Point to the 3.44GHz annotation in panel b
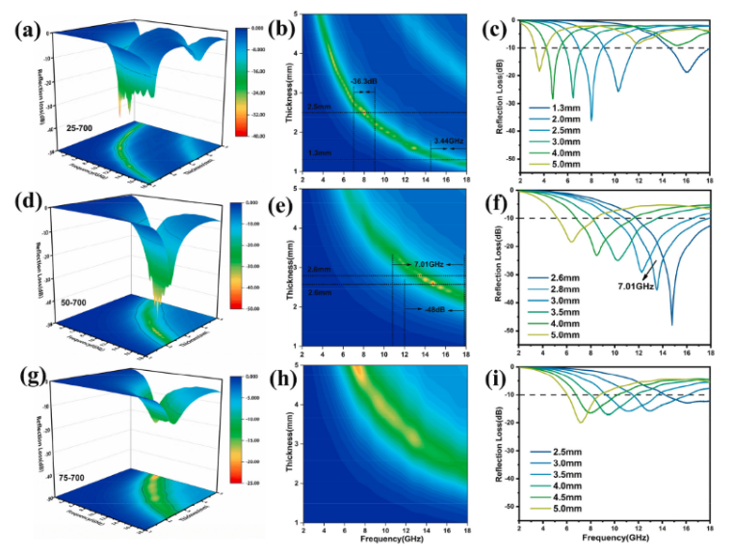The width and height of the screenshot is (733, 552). tap(448, 141)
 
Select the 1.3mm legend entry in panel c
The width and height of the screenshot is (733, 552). tap(565, 107)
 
